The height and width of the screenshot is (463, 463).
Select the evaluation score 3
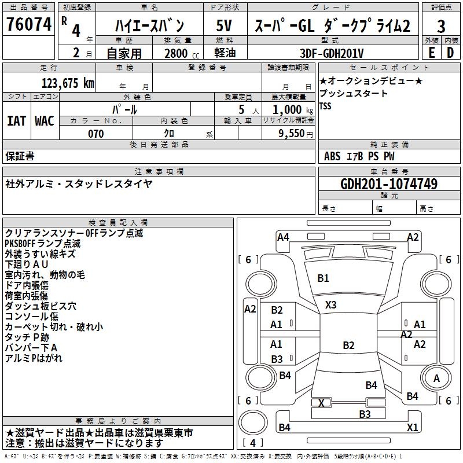coord(441,26)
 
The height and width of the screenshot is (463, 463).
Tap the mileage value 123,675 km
coord(68,83)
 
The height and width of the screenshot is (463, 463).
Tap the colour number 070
coord(95,134)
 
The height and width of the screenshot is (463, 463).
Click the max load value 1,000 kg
coord(289,109)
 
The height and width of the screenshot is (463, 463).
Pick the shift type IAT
coord(16,121)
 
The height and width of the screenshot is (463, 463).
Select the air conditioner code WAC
coord(45,121)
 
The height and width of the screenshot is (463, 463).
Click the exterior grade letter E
coord(431,53)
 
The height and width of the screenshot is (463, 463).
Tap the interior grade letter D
coord(450,53)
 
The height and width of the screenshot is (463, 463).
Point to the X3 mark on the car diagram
coord(330,304)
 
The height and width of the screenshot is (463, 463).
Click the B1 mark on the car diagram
coord(323,278)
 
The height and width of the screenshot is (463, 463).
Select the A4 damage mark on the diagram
coord(283,237)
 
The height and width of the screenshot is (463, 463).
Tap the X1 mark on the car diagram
coord(412,427)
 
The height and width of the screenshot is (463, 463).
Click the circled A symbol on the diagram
coord(436,379)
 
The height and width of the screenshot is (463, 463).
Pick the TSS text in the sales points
coord(325,106)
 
